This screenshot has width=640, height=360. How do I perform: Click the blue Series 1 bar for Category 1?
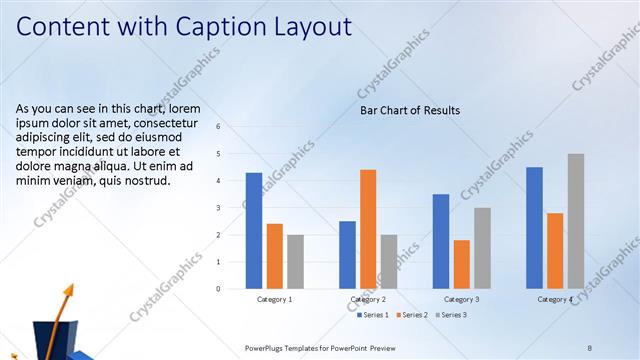pyautogui.click(x=254, y=231)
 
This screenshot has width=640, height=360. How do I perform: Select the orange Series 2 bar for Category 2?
pyautogui.click(x=368, y=229)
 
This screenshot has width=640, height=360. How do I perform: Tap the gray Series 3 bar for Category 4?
pyautogui.click(x=576, y=221)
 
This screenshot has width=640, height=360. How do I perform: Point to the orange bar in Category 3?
pyautogui.click(x=461, y=264)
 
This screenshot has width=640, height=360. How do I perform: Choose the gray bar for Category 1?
pyautogui.click(x=295, y=262)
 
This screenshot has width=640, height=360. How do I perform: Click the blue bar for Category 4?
pyautogui.click(x=534, y=228)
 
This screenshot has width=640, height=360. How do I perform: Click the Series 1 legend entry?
pyautogui.click(x=373, y=315)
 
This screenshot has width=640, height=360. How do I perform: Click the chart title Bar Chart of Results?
pyautogui.click(x=410, y=110)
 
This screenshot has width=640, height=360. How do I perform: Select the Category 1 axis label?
pyautogui.click(x=274, y=299)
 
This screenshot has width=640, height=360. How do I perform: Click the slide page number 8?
pyautogui.click(x=589, y=347)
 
